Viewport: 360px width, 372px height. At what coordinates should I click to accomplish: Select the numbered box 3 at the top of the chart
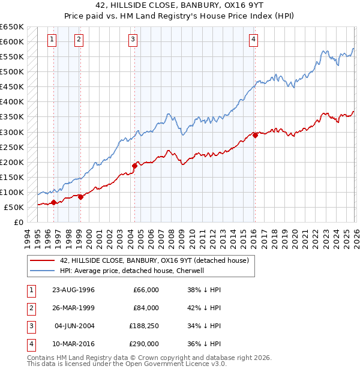point(133,40)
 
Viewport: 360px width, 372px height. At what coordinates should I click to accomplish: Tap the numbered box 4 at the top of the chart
point(254,40)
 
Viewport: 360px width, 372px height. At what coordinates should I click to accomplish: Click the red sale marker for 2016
point(255,135)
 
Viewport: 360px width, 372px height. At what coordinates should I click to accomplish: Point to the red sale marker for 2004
point(134,166)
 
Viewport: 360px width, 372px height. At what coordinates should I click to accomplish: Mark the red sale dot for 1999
point(80,197)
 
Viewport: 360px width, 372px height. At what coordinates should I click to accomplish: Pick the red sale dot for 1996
point(54,202)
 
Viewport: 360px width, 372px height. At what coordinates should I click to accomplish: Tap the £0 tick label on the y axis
point(18,223)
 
